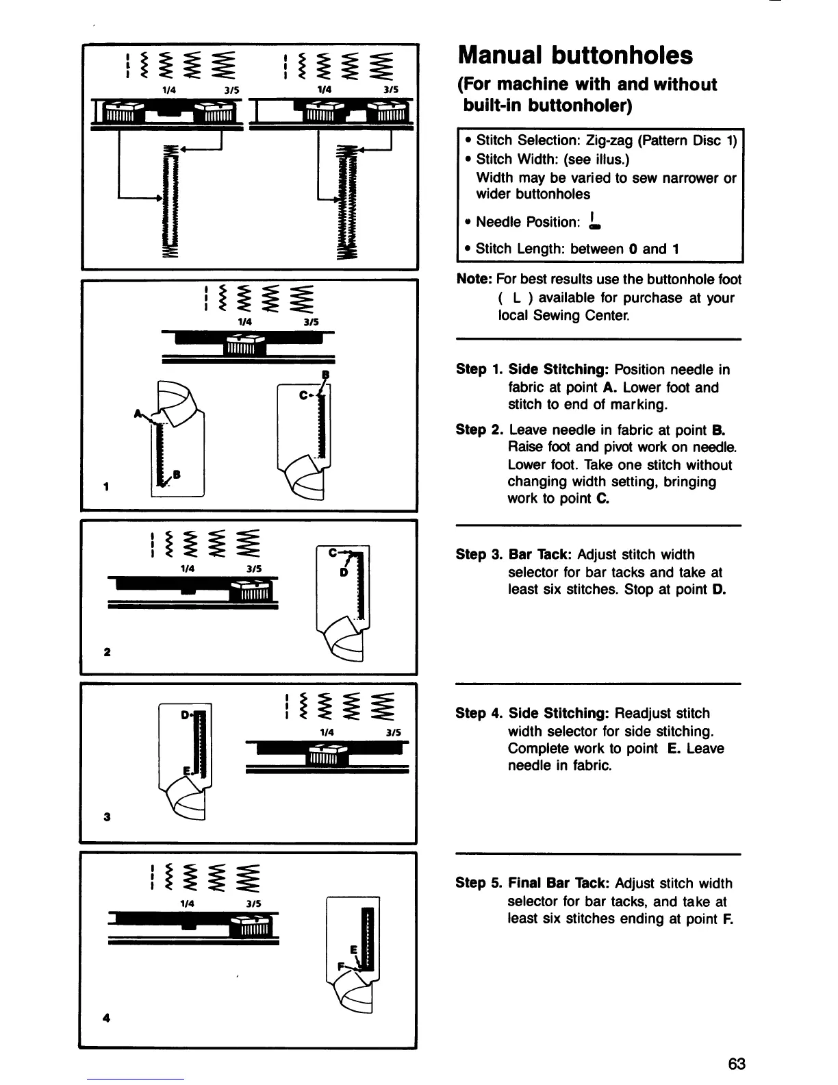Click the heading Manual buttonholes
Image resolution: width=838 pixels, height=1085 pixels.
(x=575, y=55)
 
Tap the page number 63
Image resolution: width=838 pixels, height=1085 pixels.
(x=737, y=1064)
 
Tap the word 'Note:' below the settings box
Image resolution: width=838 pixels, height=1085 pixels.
(x=474, y=279)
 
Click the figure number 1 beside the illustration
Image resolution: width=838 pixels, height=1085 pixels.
(x=105, y=487)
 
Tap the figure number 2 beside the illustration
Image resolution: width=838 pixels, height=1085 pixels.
(x=107, y=651)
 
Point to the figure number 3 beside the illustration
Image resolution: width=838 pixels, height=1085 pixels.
(x=107, y=816)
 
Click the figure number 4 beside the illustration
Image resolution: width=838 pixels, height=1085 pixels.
(x=105, y=1017)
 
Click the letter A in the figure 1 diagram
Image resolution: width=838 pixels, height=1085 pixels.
(x=138, y=414)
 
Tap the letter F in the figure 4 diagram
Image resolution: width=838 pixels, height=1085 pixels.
(x=340, y=965)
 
